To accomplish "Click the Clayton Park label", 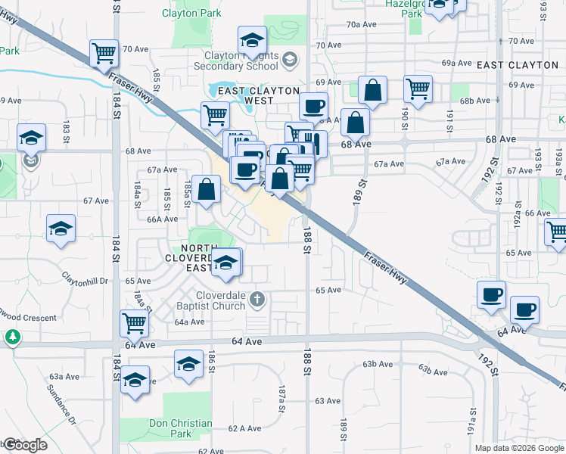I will tap(192, 13).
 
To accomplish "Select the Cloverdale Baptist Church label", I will tap(210, 300).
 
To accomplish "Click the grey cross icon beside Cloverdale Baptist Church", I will tap(257, 299).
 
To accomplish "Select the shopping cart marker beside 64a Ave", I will tap(134, 322).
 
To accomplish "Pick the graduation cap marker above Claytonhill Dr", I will tap(61, 229).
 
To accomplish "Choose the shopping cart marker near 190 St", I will tap(418, 89).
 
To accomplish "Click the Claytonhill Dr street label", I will tap(86, 277).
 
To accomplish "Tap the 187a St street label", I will tap(281, 398).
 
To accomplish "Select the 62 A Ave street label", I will tap(244, 428).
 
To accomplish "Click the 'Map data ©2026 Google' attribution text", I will tap(519, 448).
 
